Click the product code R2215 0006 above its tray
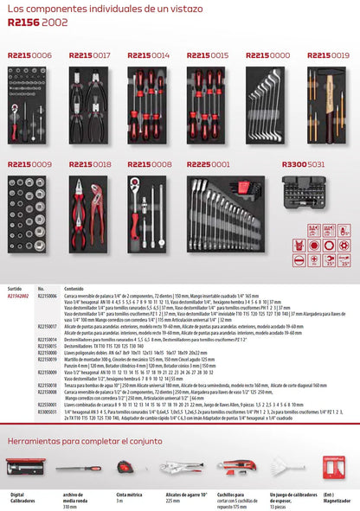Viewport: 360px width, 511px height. [x=29, y=54]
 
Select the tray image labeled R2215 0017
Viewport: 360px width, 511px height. [x=91, y=104]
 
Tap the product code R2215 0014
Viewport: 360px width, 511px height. [x=149, y=54]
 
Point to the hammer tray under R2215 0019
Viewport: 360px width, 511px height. [x=328, y=104]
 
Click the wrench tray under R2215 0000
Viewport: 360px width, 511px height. [x=268, y=104]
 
